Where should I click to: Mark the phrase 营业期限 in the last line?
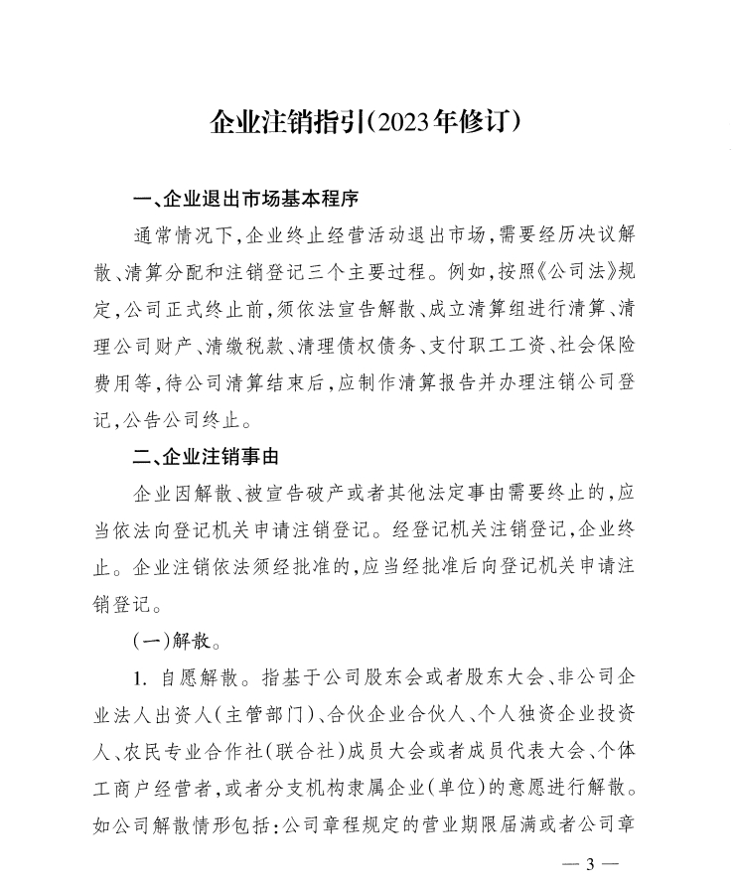469,823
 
